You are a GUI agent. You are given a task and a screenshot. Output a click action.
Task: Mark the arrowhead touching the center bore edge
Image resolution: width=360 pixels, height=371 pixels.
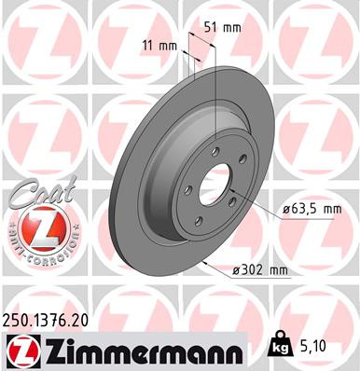[236, 190]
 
